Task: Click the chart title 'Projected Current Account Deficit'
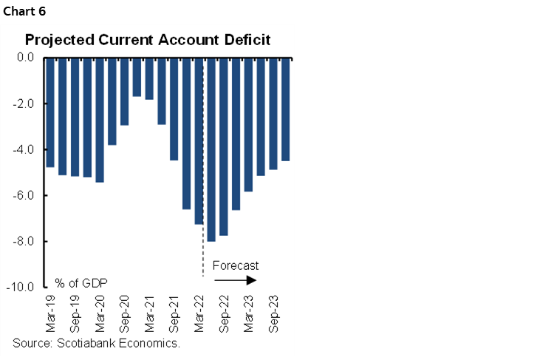pyautogui.click(x=148, y=39)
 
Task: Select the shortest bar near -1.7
pyautogui.click(x=137, y=77)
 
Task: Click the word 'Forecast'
pyautogui.click(x=235, y=265)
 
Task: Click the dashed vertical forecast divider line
pyautogui.click(x=203, y=251)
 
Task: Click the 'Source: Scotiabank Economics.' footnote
pyautogui.click(x=96, y=344)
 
